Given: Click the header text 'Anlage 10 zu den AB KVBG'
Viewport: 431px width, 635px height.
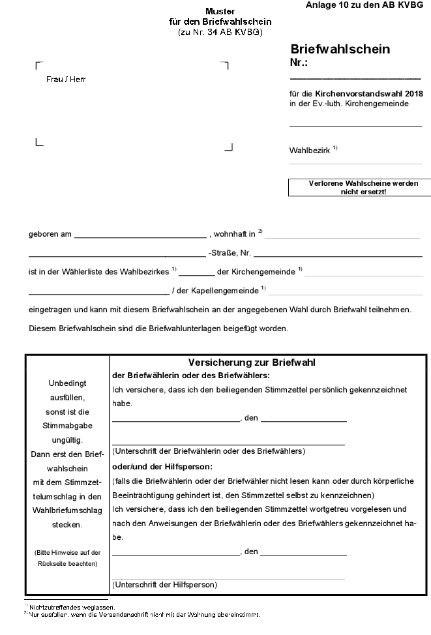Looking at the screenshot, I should tap(363, 5).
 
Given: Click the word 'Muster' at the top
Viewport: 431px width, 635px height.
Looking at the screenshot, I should tap(220, 12).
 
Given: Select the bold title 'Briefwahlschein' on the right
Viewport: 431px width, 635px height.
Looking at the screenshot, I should tap(340, 49).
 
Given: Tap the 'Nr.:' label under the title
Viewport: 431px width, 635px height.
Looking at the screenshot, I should tap(299, 63).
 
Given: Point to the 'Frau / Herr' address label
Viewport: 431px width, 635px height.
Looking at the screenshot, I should tap(66, 80).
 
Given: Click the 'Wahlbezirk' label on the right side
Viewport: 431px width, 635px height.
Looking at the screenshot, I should tap(310, 151).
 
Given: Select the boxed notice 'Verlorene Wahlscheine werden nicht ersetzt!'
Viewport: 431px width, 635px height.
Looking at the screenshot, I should tap(359, 188).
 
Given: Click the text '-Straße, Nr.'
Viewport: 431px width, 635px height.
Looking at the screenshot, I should tap(230, 252).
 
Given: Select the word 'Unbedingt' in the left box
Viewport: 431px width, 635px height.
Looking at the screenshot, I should tap(67, 383).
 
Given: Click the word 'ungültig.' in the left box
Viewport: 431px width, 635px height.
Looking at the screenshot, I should tap(67, 441).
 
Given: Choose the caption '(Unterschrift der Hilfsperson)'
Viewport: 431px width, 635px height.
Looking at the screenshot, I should tap(164, 585).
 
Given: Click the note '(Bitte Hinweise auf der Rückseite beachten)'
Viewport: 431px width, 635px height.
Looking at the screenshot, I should tap(67, 558).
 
